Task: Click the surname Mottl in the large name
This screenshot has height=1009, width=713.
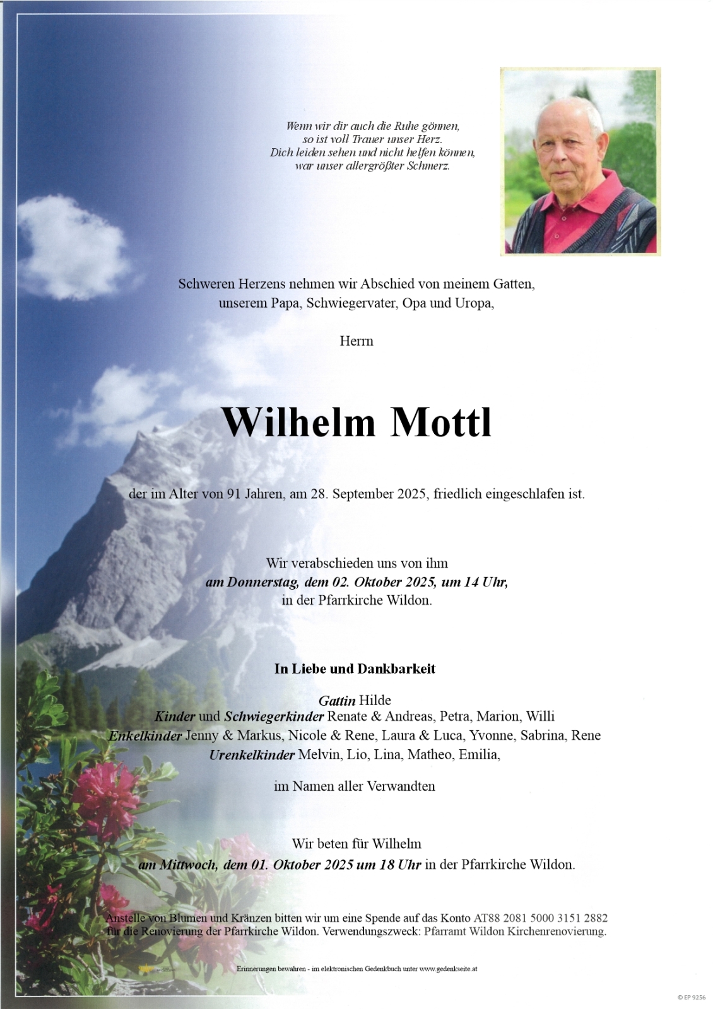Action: coord(441,423)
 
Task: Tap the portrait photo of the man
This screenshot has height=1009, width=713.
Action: coord(580,161)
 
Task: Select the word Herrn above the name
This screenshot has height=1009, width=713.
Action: coord(356,341)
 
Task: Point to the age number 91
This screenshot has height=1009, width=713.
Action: coord(233,494)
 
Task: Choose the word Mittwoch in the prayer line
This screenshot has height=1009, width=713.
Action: coord(187,864)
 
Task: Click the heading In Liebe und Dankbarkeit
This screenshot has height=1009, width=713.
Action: coord(355,668)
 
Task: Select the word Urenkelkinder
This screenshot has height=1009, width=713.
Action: coord(252,754)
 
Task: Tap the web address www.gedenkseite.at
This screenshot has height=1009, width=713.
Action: coord(448,968)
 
